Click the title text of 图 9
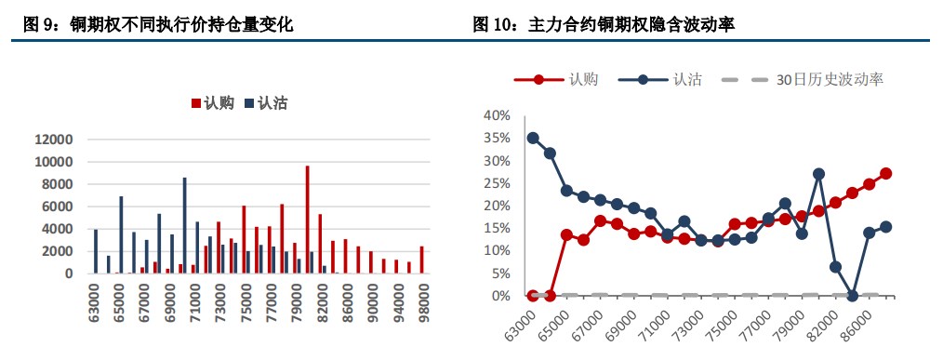pyautogui.click(x=157, y=25)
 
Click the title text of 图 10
pyautogui.click(x=604, y=25)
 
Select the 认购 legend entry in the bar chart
pyautogui.click(x=213, y=103)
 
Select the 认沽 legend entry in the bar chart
pyautogui.click(x=265, y=103)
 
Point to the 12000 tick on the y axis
pyautogui.click(x=53, y=140)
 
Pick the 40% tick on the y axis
pyautogui.click(x=496, y=115)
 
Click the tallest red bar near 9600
pyautogui.click(x=307, y=220)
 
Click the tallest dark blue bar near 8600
pyautogui.click(x=184, y=225)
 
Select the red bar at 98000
pyautogui.click(x=421, y=260)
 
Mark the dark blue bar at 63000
pyautogui.click(x=95, y=251)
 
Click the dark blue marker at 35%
pyautogui.click(x=533, y=138)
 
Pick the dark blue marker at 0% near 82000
pyautogui.click(x=852, y=296)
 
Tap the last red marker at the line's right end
pyautogui.click(x=885, y=173)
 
